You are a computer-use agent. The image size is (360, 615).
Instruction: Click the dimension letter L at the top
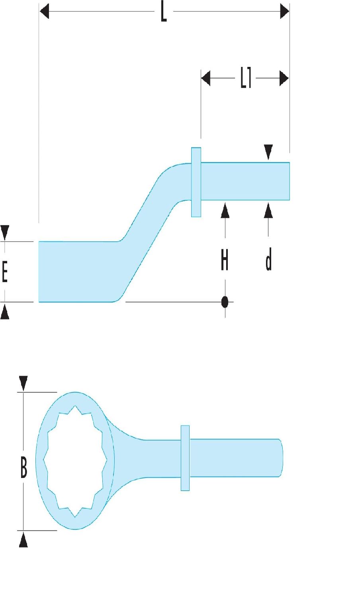(x=163, y=13)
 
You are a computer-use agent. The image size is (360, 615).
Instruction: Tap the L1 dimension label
(x=245, y=78)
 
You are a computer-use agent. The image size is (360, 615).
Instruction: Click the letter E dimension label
(x=5, y=274)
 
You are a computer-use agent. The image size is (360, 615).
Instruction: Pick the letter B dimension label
(x=24, y=468)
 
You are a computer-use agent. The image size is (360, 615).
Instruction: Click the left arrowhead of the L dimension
(x=44, y=12)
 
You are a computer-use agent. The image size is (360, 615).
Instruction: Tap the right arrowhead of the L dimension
(x=284, y=12)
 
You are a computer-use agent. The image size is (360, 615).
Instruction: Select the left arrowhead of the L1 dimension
(x=205, y=78)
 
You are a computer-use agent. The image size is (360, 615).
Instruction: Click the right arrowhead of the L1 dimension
(x=284, y=78)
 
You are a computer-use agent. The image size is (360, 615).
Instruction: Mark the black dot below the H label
(x=225, y=302)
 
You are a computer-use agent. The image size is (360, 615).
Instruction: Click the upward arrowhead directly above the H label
(x=225, y=210)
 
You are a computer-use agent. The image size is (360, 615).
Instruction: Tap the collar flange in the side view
(x=196, y=182)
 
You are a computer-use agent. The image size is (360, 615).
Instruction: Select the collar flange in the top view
(x=185, y=458)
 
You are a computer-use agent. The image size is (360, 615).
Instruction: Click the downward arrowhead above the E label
(x=5, y=232)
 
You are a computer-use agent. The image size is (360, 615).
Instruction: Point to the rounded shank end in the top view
(x=280, y=458)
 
